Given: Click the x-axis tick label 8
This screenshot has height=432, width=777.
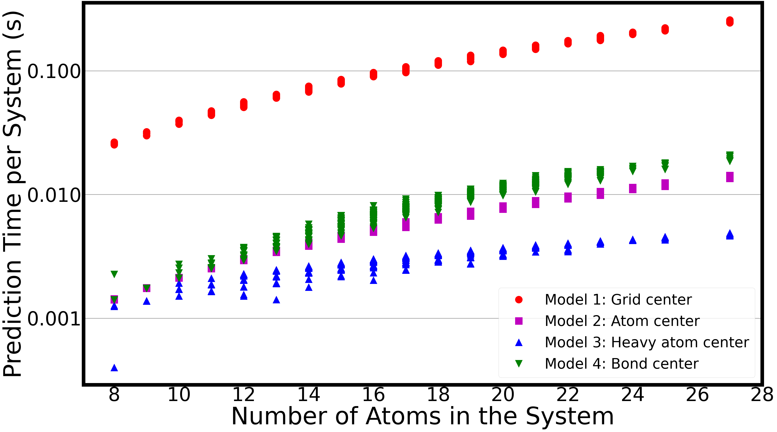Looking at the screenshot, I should pyautogui.click(x=114, y=394).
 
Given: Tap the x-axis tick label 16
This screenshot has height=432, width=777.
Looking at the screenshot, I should pyautogui.click(x=373, y=394).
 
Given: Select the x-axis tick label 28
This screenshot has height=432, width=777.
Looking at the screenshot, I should pyautogui.click(x=762, y=394).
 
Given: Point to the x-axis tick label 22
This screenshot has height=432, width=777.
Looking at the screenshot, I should pyautogui.click(x=568, y=394).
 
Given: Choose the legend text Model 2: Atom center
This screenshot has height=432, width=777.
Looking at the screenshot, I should pyautogui.click(x=622, y=321).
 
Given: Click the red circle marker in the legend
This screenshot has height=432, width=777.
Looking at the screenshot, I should pyautogui.click(x=519, y=300).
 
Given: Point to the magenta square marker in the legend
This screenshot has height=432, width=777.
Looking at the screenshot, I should pyautogui.click(x=519, y=321).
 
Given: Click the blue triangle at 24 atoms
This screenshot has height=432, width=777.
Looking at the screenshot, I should pyautogui.click(x=633, y=240).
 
